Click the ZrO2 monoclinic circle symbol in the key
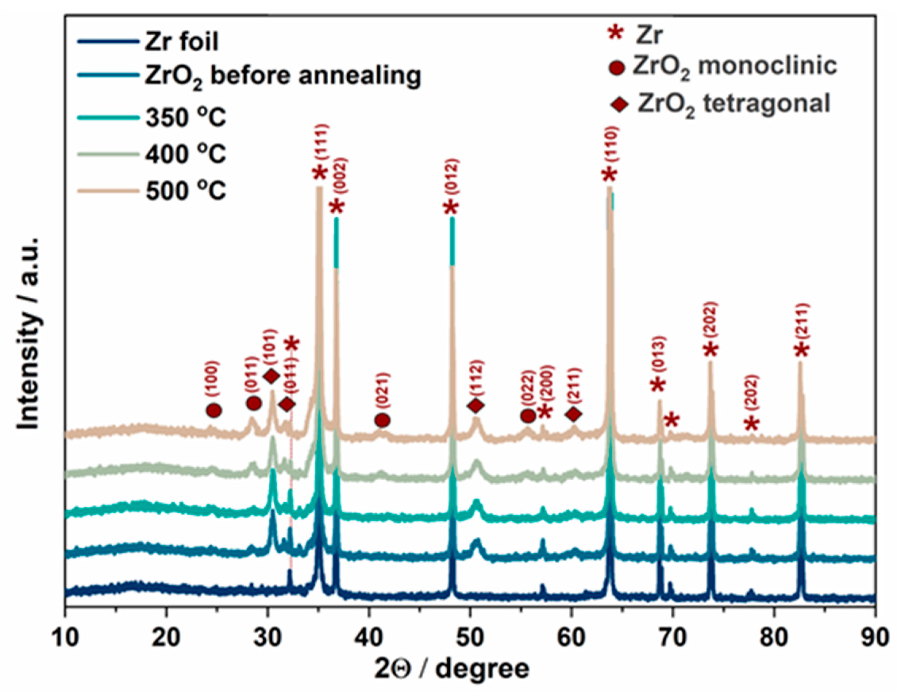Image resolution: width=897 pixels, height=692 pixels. pos(617,68)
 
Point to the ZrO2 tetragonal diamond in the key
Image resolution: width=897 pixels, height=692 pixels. pos(619,105)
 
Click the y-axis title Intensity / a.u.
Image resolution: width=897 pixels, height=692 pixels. pos(29,333)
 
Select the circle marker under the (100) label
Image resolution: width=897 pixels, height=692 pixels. pos(214,410)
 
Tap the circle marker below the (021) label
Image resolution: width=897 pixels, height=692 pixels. pos(382,420)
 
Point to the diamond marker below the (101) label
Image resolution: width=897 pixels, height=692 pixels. pos(271,376)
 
